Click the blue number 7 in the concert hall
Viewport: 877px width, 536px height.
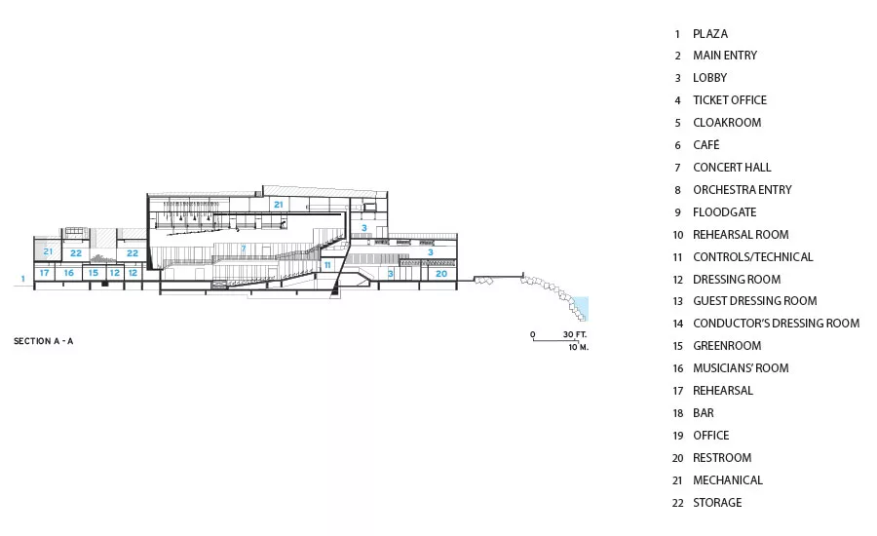point(244,249)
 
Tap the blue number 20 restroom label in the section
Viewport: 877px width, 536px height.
point(441,274)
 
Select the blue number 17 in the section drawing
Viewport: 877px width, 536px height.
point(44,273)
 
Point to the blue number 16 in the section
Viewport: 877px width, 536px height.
point(69,273)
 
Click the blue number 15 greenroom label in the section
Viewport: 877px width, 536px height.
point(94,273)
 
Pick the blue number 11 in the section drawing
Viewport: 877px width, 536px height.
point(327,265)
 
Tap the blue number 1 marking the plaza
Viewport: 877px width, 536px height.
point(23,279)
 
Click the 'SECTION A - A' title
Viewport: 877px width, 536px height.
point(43,341)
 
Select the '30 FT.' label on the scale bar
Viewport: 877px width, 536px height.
point(574,334)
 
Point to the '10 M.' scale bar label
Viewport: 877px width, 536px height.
point(578,347)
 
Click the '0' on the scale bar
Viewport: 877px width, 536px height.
point(532,334)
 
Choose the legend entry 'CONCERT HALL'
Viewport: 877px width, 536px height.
point(732,168)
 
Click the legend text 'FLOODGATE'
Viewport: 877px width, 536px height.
point(725,212)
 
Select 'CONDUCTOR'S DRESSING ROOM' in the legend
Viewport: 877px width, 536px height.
point(777,324)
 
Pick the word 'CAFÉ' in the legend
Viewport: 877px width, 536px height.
point(706,145)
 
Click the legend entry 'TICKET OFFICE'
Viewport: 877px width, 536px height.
point(730,100)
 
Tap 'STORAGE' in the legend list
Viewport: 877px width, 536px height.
point(717,503)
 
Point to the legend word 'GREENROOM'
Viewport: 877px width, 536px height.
point(727,346)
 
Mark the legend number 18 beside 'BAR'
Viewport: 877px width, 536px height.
point(678,413)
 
